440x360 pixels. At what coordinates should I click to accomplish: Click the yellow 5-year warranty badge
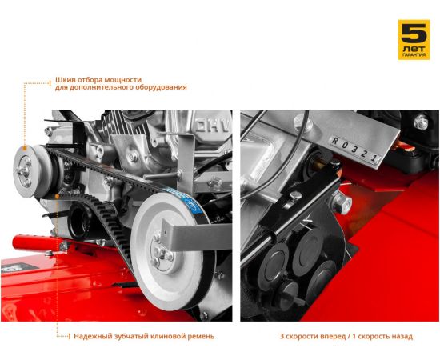[x=414, y=39]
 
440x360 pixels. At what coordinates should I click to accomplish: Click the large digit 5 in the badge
[x=414, y=33]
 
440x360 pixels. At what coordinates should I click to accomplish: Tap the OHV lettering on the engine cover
[x=214, y=126]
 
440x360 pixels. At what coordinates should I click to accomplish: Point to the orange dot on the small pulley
[x=25, y=148]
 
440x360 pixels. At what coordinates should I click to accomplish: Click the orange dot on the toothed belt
[x=57, y=196]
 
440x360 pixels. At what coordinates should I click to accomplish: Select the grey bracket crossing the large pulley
[x=197, y=235]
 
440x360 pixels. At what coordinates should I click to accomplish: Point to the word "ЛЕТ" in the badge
[x=414, y=49]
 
